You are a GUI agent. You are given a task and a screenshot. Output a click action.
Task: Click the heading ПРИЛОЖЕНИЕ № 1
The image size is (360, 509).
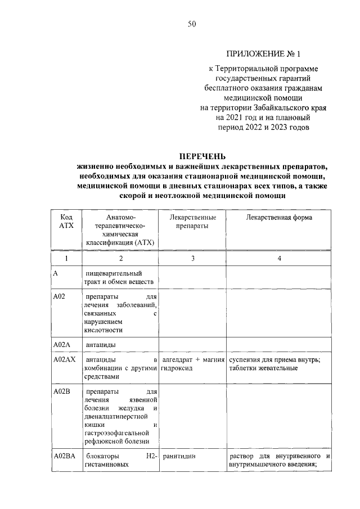point(263,55)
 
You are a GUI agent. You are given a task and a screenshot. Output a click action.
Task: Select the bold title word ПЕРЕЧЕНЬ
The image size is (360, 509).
point(202,156)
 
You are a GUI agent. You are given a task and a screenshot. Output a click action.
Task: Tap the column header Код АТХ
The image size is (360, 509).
point(65,221)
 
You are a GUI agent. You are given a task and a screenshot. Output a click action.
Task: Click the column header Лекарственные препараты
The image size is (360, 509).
point(192,221)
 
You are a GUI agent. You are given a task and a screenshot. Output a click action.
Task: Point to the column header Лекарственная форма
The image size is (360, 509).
point(279,217)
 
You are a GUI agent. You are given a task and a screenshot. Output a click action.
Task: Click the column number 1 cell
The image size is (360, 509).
point(65,258)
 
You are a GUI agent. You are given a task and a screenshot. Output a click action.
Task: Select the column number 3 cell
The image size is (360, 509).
point(192,258)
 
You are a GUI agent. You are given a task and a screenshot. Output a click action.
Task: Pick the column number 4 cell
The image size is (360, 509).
point(279,258)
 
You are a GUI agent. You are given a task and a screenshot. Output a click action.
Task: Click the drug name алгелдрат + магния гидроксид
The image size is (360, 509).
point(193,363)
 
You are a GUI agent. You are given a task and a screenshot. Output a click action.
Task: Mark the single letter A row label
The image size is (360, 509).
point(55,273)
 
